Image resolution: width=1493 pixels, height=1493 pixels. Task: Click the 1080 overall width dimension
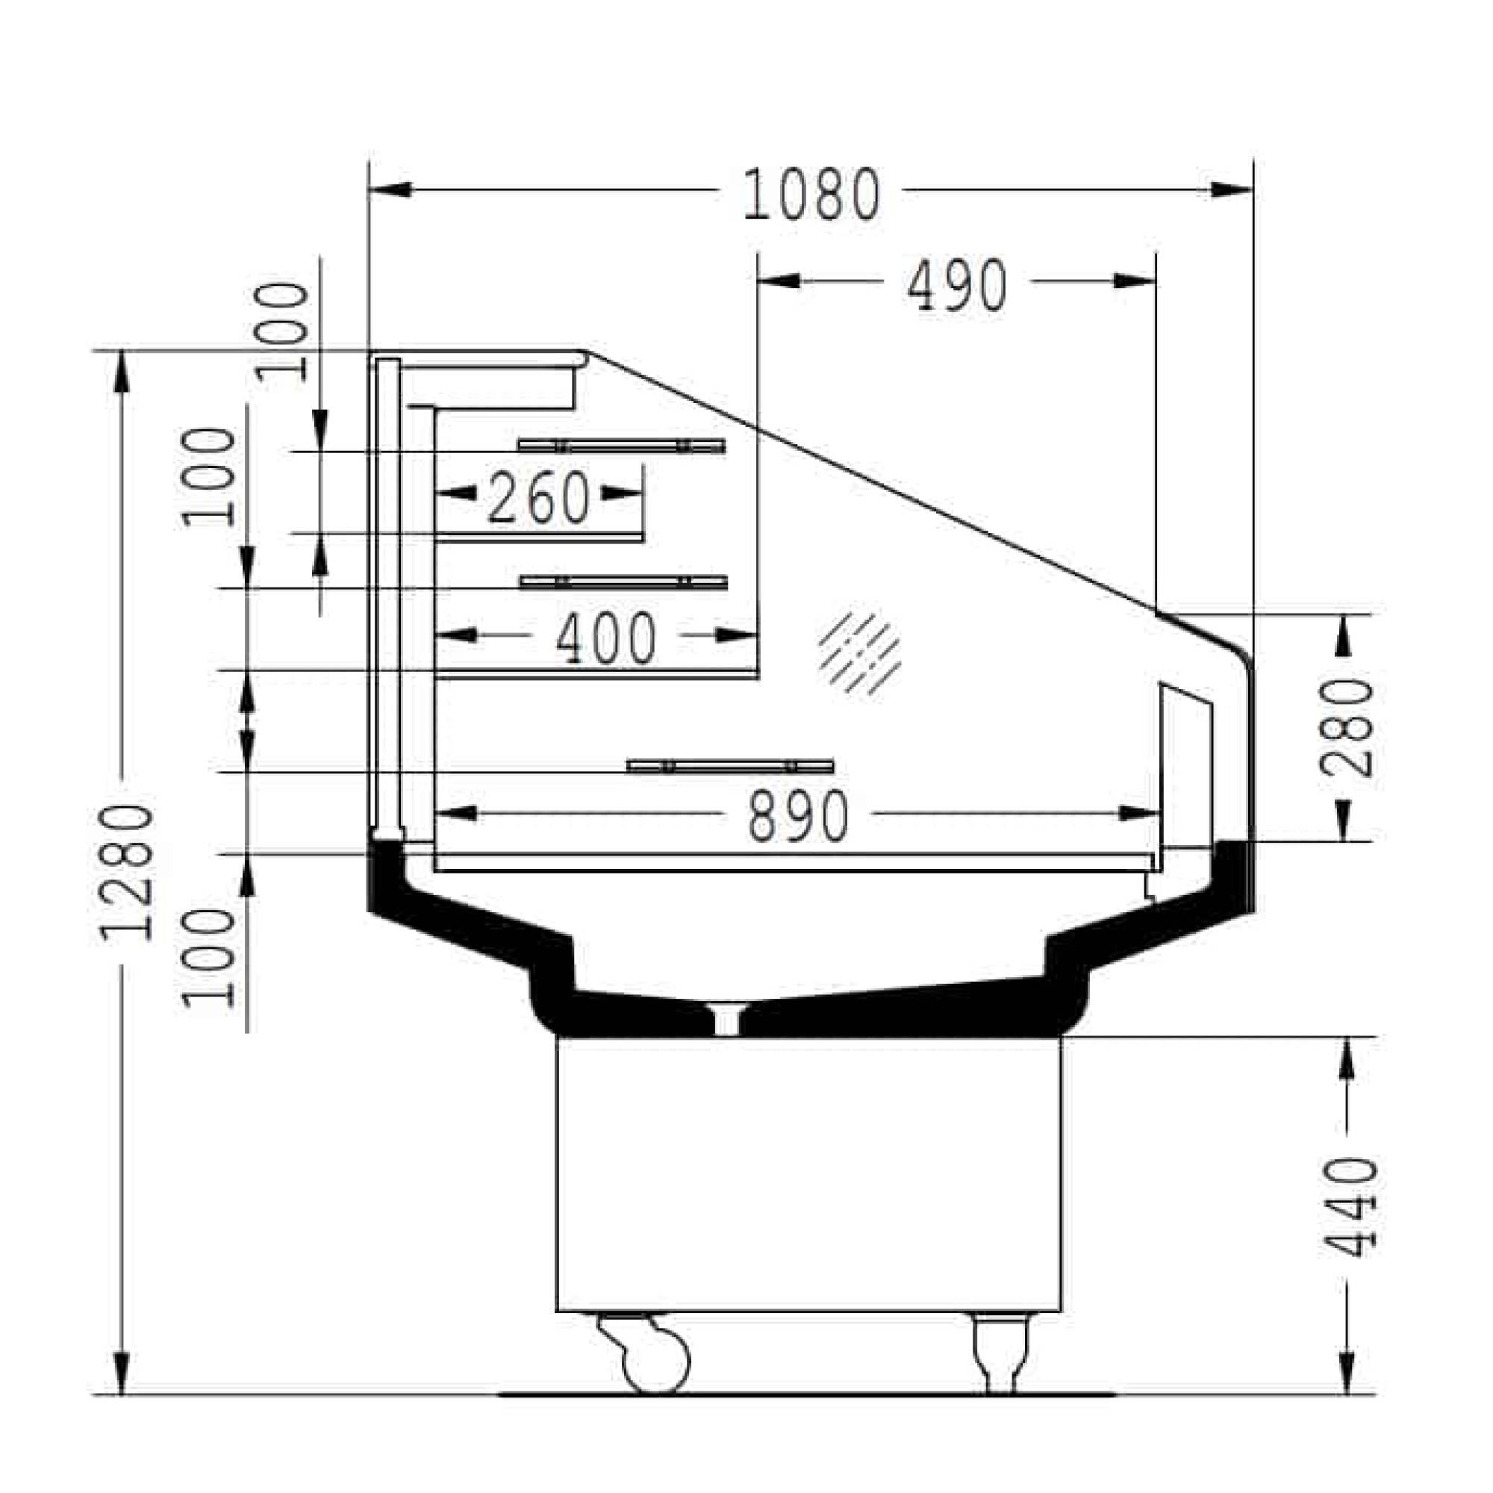click(x=811, y=193)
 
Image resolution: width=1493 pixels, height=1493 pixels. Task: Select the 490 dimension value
click(x=957, y=285)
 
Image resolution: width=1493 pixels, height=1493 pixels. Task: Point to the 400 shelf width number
click(x=606, y=638)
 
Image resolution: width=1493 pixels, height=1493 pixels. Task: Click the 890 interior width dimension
click(x=798, y=816)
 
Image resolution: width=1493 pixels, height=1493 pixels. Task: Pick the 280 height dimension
click(x=1347, y=727)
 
